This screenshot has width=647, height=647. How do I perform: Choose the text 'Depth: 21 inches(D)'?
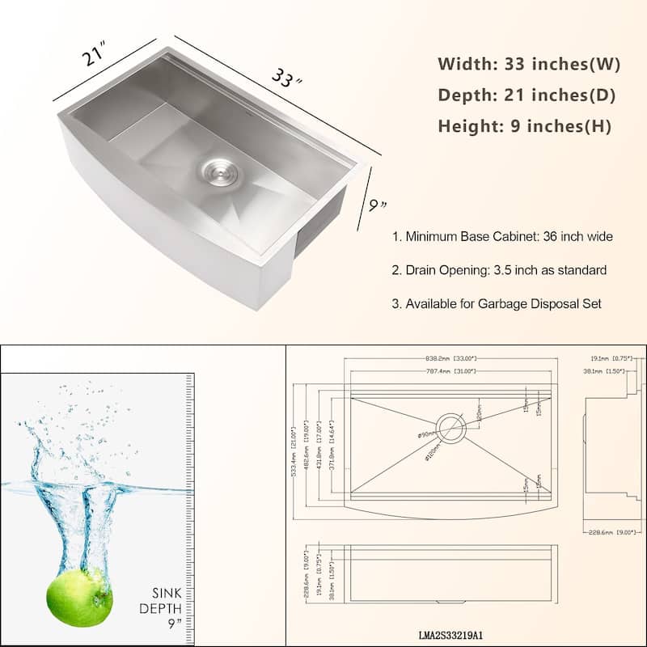(526, 95)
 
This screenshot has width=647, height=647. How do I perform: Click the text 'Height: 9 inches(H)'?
(525, 126)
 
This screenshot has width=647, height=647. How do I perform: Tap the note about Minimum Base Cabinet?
(502, 237)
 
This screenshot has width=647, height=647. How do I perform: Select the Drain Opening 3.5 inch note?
(499, 270)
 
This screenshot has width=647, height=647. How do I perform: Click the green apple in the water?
(78, 598)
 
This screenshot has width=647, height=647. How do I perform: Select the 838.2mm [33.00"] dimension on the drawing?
(450, 358)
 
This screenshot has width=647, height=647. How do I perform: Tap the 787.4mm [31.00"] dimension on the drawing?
(450, 371)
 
